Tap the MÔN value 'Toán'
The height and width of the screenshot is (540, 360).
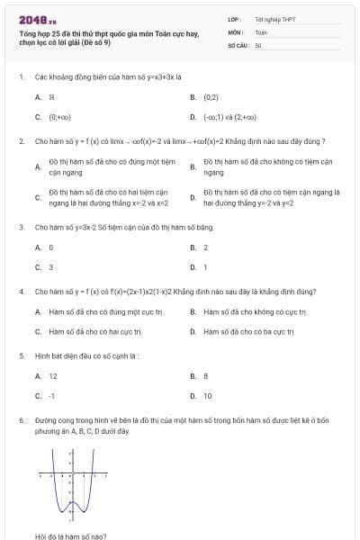pyautogui.click(x=261, y=31)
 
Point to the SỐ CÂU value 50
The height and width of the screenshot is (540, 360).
pyautogui.click(x=257, y=44)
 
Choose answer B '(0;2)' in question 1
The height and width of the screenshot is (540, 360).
pyautogui.click(x=211, y=96)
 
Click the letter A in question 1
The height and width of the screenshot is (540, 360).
pyautogui.click(x=38, y=96)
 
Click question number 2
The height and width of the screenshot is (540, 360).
pyautogui.click(x=21, y=141)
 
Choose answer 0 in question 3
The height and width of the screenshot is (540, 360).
pyautogui.click(x=51, y=247)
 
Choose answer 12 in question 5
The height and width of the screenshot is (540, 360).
pyautogui.click(x=53, y=376)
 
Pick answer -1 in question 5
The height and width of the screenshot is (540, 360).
pyautogui.click(x=52, y=396)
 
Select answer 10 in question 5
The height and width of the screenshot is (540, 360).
pyautogui.click(x=208, y=396)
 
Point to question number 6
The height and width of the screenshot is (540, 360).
pyautogui.click(x=21, y=420)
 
